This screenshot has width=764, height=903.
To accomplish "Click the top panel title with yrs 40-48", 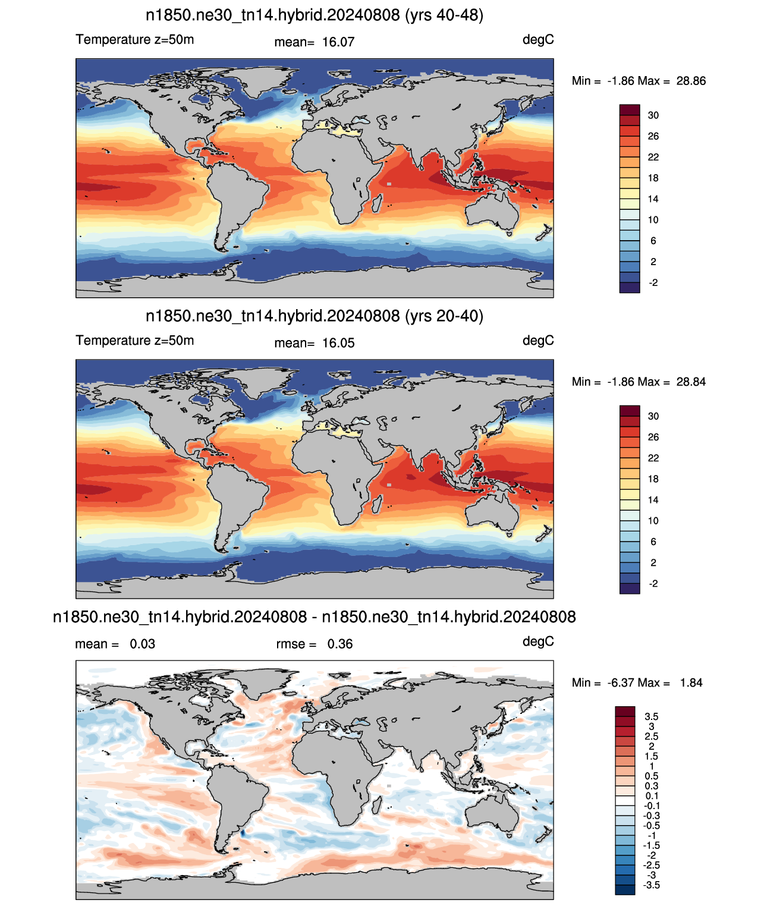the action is (314, 15).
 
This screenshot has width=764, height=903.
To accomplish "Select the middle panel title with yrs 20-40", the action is (314, 316).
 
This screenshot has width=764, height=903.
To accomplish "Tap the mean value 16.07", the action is (338, 42).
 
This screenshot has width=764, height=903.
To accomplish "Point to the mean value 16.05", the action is (338, 344).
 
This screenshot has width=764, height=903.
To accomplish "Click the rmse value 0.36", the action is (340, 644).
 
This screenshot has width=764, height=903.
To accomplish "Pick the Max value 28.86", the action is (691, 81).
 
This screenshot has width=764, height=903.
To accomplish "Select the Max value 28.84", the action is (691, 382).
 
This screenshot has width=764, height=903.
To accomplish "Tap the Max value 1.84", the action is (691, 683).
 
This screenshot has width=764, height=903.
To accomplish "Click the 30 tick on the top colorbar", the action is (653, 115).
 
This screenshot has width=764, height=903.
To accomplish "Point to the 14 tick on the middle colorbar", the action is (653, 500).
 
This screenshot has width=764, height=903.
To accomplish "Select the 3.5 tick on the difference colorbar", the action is (651, 716).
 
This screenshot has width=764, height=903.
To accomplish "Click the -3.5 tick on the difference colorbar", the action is (651, 886).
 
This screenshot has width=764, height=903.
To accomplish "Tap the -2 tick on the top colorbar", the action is (653, 282).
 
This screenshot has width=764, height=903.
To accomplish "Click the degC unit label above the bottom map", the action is (538, 642).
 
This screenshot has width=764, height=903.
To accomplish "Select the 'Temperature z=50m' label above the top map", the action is (134, 40).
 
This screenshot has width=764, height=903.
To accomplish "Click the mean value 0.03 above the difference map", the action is (143, 644).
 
